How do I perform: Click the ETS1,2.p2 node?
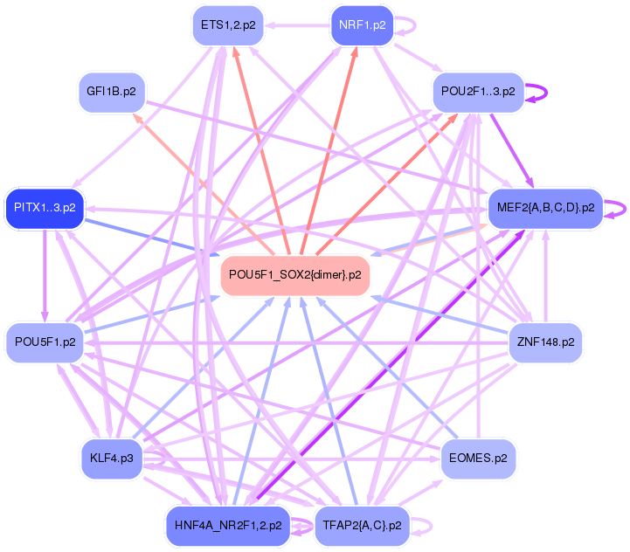click(x=228, y=24)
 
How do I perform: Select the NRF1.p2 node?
click(x=362, y=24)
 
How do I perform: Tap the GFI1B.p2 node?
click(x=111, y=91)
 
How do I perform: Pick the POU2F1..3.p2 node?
click(x=478, y=91)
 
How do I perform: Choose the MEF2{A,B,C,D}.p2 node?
click(x=545, y=208)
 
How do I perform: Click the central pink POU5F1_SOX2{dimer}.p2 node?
click(x=294, y=275)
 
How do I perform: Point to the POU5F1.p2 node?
click(x=44, y=342)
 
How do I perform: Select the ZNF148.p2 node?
click(x=545, y=342)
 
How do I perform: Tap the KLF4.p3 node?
click(x=111, y=457)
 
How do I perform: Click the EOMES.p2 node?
click(x=478, y=457)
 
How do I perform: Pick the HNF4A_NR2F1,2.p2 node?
click(x=227, y=526)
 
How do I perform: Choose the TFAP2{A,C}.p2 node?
click(x=362, y=526)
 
